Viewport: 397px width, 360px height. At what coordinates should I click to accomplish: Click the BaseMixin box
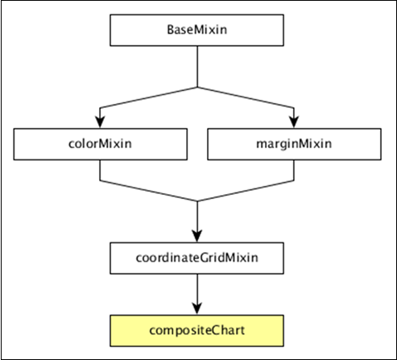pyautogui.click(x=197, y=30)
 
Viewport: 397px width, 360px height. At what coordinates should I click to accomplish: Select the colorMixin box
pyautogui.click(x=99, y=145)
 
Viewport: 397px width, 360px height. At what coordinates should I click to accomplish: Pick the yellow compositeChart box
pyautogui.click(x=197, y=330)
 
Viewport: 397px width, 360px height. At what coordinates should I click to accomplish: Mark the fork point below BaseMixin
pyautogui.click(x=197, y=85)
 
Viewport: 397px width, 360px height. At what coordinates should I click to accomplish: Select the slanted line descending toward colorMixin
pyautogui.click(x=149, y=97)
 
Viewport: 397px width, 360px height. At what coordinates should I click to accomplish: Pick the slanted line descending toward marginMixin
pyautogui.click(x=246, y=97)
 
